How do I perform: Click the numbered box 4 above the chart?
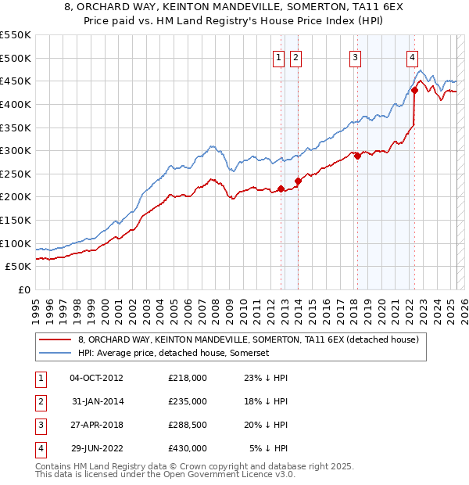coord(411,56)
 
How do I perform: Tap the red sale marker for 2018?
coord(357,156)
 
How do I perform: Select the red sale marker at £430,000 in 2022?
coord(414,90)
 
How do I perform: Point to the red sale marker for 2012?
coord(281,189)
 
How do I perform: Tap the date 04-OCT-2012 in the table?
coord(96,378)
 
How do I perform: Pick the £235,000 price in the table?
coord(188,401)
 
